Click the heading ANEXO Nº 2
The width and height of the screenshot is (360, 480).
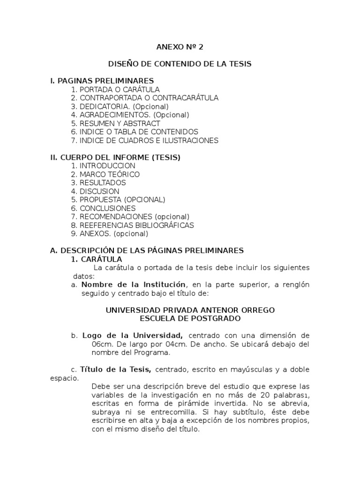pyautogui.click(x=180, y=47)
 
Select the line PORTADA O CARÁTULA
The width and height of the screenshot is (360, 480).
pyautogui.click(x=120, y=90)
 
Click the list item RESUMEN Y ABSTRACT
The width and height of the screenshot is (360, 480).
pyautogui.click(x=120, y=123)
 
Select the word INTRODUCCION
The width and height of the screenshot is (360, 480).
pyautogui.click(x=107, y=166)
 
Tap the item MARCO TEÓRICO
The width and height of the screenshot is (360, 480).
pyautogui.click(x=110, y=174)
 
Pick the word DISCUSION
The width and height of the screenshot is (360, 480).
pyautogui.click(x=99, y=191)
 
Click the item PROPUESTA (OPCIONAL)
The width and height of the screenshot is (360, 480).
pyautogui.click(x=122, y=200)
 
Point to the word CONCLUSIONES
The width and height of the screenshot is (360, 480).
pyautogui.click(x=108, y=208)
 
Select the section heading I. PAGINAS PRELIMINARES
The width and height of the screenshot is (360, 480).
pyautogui.click(x=102, y=81)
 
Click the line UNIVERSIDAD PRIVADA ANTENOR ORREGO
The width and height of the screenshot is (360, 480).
pyautogui.click(x=190, y=310)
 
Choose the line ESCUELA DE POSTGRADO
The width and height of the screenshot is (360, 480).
pyautogui.click(x=190, y=319)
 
